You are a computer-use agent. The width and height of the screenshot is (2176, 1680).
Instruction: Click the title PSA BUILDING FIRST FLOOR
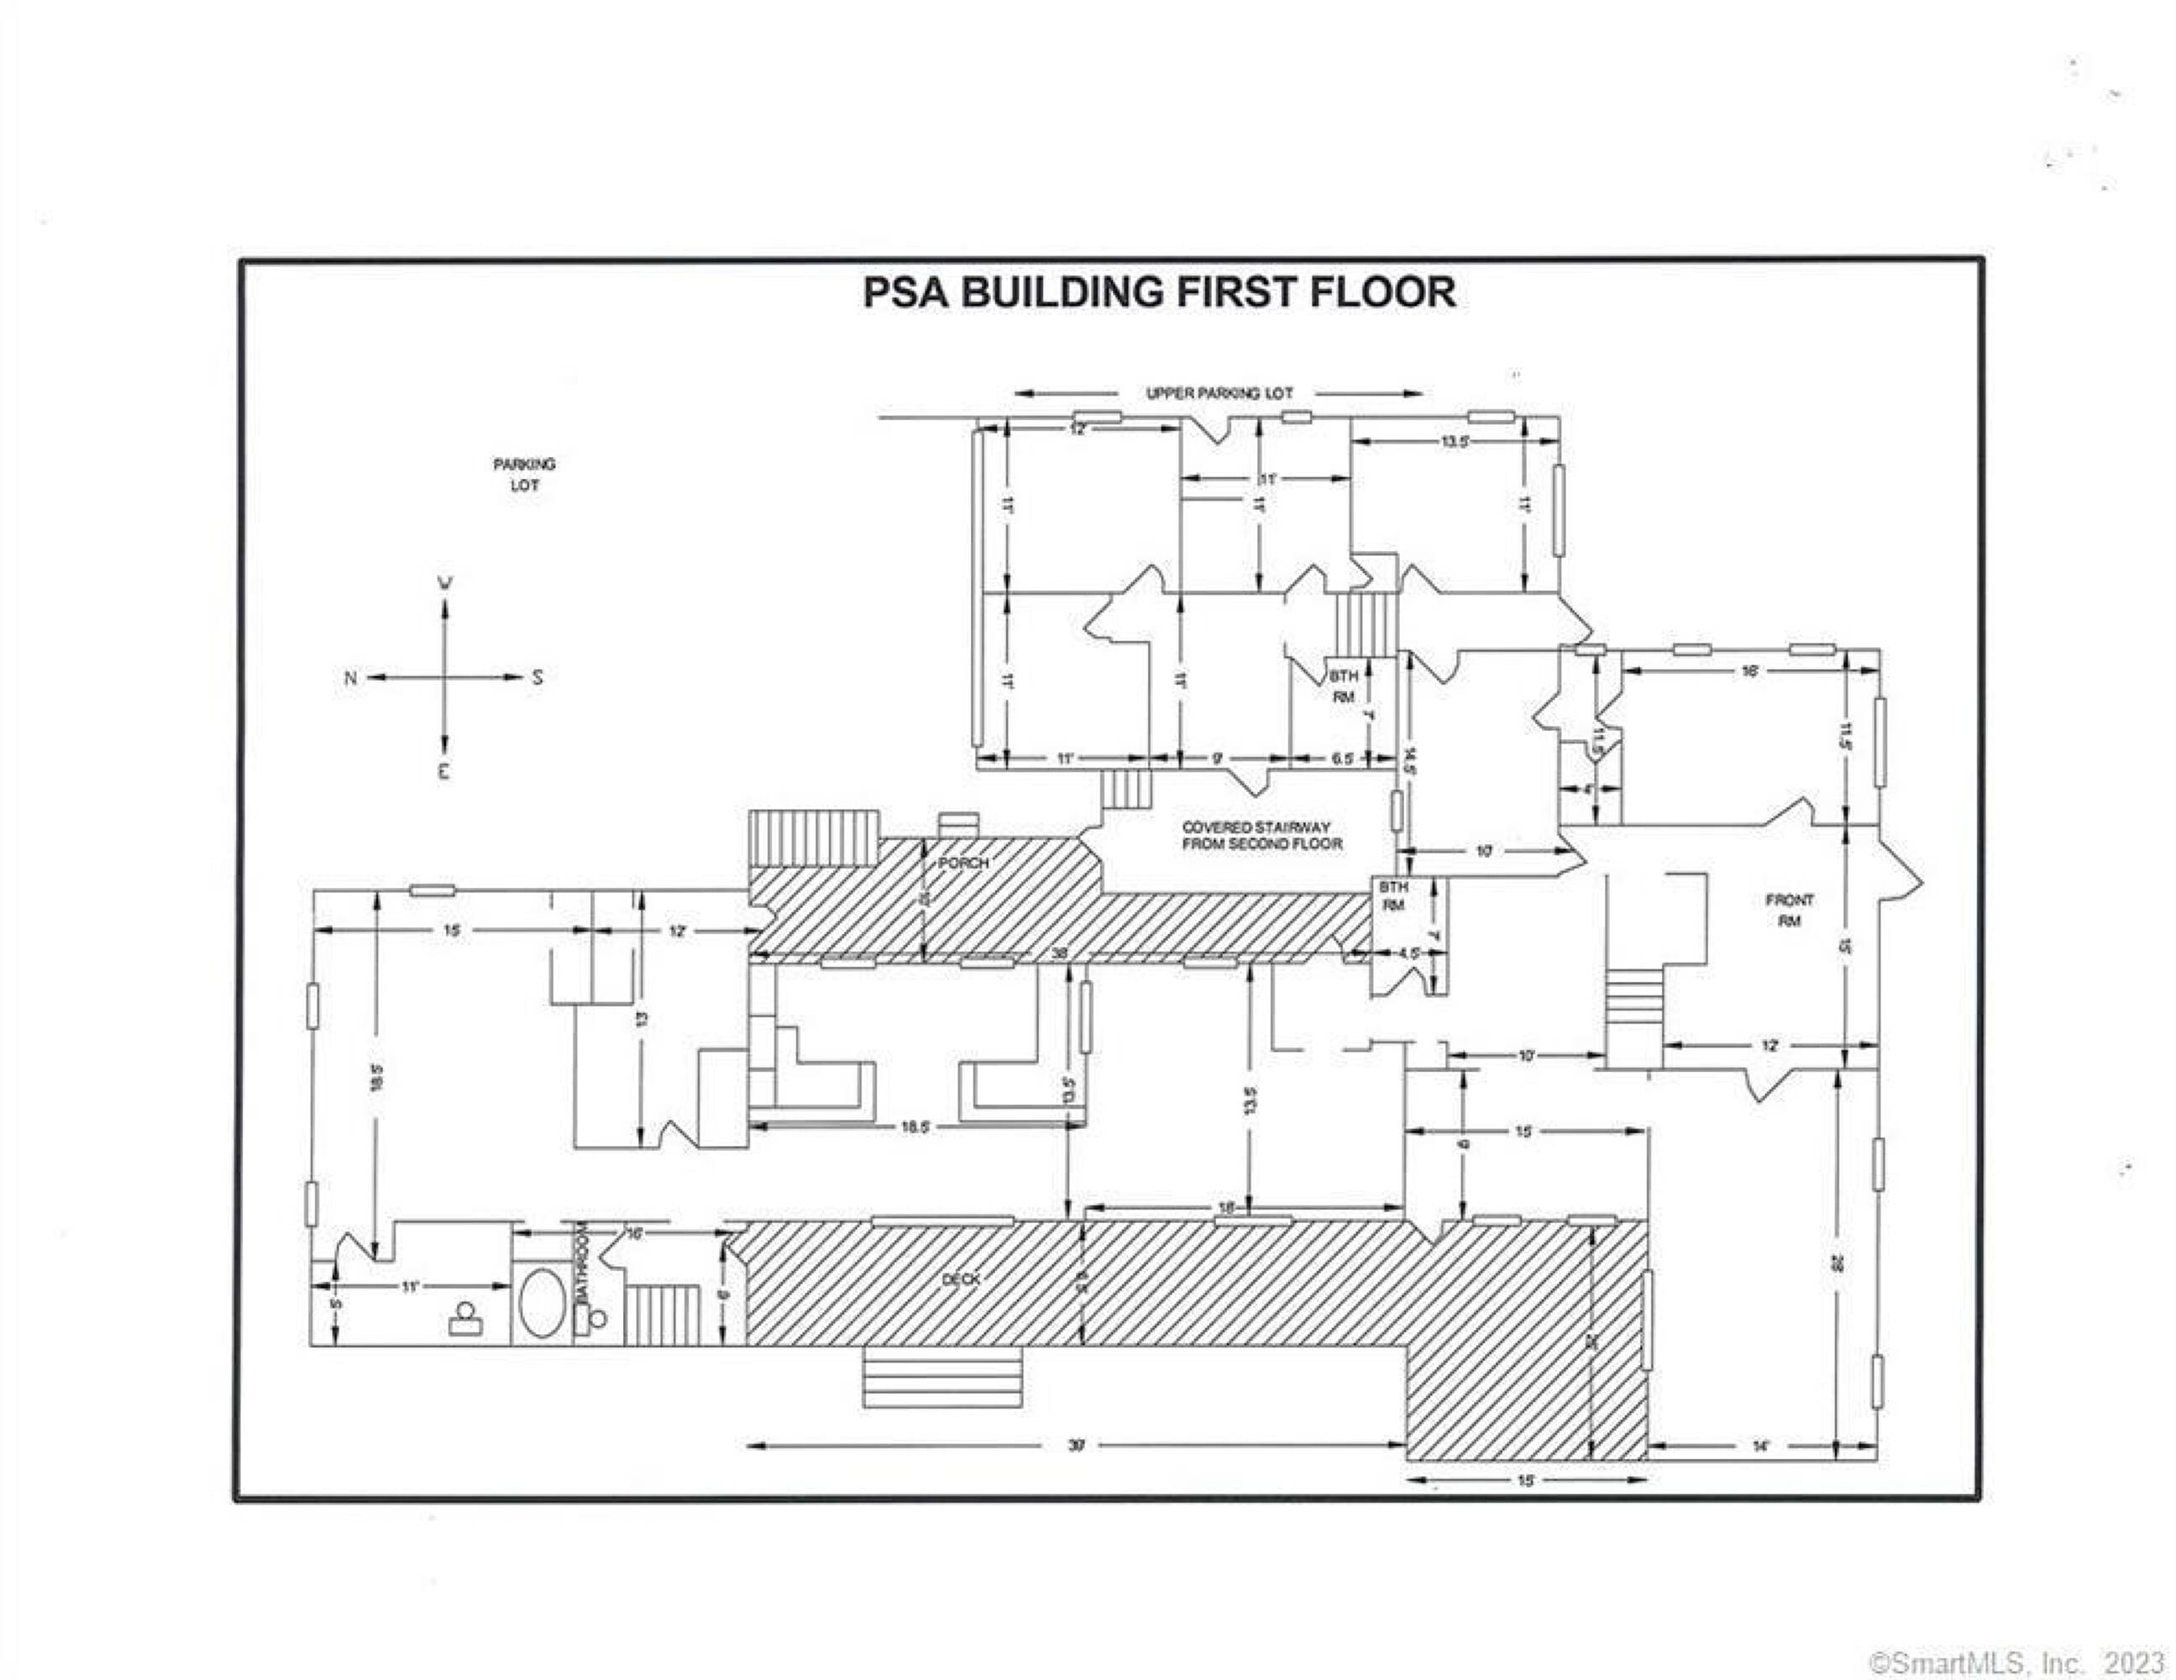[1159, 293]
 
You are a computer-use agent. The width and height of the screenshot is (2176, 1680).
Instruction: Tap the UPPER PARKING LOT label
[1219, 394]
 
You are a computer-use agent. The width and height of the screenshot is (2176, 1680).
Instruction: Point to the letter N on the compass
[349, 679]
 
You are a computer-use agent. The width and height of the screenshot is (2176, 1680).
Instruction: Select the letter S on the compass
[538, 679]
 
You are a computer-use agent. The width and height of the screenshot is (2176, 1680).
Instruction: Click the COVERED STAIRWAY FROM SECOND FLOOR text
[1261, 835]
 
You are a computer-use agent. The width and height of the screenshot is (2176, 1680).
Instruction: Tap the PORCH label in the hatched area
[963, 862]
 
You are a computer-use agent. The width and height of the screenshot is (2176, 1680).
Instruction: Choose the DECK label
[962, 1278]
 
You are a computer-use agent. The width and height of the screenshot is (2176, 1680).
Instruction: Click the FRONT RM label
[1790, 910]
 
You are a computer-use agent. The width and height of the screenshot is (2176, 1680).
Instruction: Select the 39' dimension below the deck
[1075, 1446]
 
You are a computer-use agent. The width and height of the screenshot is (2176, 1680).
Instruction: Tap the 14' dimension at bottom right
[1760, 1446]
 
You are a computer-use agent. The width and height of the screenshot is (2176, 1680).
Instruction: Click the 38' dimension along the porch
[1060, 953]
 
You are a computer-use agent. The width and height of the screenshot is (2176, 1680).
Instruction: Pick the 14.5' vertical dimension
[1409, 760]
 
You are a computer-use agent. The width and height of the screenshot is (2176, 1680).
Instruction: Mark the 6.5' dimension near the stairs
[1342, 759]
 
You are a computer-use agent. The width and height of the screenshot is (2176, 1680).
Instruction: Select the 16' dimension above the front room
[1749, 672]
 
